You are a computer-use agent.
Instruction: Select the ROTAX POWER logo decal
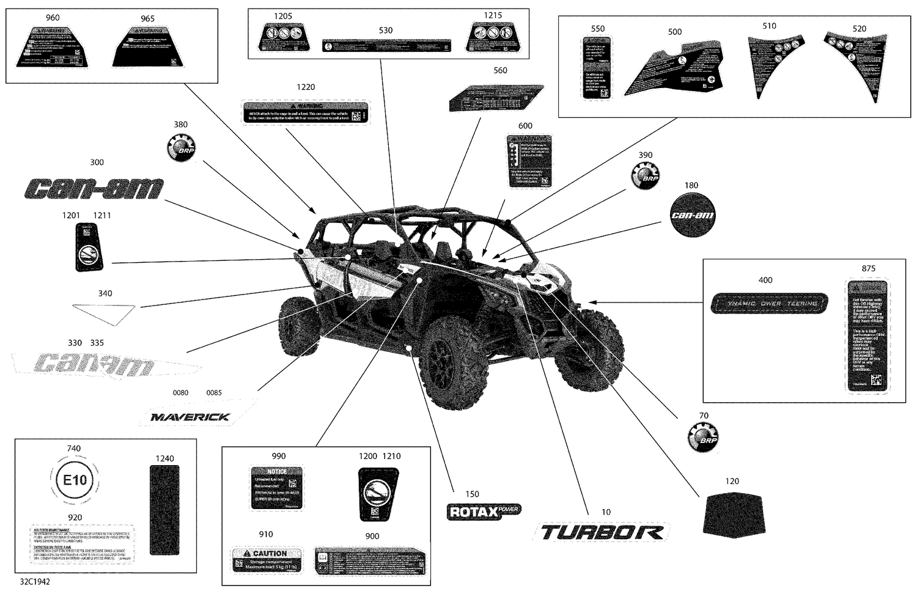pos(484,512)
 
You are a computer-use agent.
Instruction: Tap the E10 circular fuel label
pos(75,480)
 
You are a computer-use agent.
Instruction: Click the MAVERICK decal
pos(190,417)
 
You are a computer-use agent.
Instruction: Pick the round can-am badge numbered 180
pos(692,215)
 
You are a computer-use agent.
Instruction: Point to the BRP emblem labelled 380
pos(180,148)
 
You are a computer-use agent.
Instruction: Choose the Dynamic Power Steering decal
pos(769,303)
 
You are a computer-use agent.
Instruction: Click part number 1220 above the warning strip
pos(306,87)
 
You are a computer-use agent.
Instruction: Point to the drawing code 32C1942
pos(34,581)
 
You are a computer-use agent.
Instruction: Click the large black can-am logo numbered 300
pos(94,189)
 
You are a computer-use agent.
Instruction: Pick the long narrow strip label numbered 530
pos(386,46)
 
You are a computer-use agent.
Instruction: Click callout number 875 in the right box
pos(868,268)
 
